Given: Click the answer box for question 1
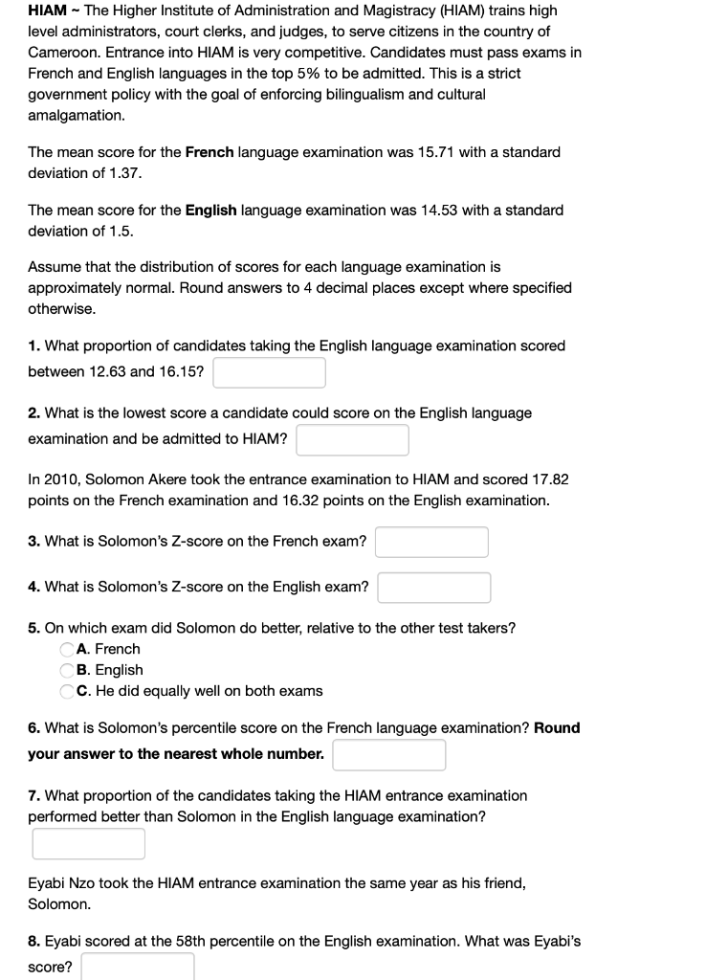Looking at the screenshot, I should (269, 372).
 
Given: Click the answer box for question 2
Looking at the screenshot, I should (352, 439).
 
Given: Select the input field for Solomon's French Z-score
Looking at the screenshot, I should (431, 542).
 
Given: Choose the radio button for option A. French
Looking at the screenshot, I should (68, 649).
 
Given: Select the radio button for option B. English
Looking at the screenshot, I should (68, 670).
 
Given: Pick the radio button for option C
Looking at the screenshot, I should (68, 691).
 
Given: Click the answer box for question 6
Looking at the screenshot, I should (389, 754).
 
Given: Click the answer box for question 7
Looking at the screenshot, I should (88, 843).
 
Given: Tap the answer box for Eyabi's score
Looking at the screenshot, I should (138, 967).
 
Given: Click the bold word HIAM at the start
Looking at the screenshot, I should (47, 11).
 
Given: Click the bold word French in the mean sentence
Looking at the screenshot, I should (209, 152).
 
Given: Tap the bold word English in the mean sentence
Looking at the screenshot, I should (210, 210).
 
